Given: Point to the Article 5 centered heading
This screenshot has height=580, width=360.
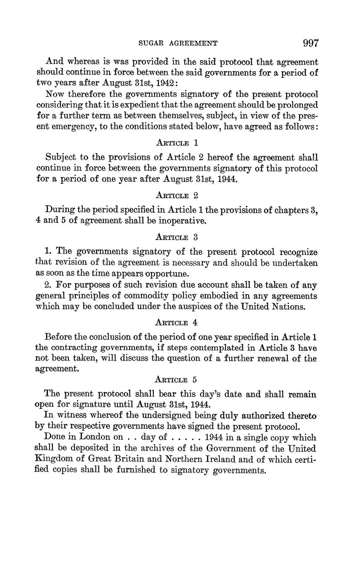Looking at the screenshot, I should click(x=176, y=380).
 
